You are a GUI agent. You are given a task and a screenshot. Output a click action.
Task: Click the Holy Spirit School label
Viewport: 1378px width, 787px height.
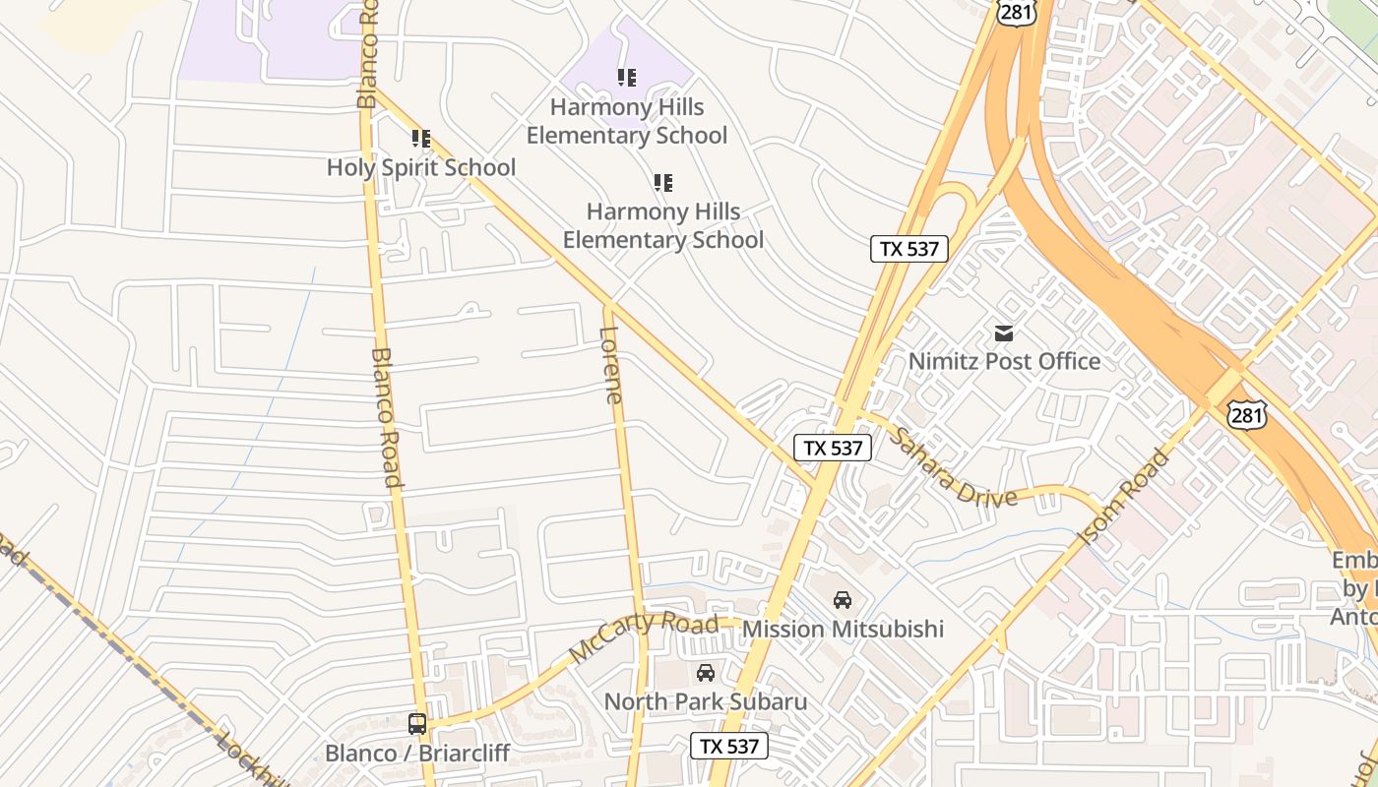[421, 167]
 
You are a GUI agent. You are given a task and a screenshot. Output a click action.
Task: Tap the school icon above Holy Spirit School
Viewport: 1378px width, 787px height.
[421, 139]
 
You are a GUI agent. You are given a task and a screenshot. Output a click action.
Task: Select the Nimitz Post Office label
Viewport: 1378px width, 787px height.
[1004, 361]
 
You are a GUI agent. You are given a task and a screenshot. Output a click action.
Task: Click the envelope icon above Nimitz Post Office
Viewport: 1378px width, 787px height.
[1004, 333]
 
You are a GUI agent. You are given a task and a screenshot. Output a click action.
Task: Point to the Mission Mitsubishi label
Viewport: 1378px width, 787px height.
[843, 629]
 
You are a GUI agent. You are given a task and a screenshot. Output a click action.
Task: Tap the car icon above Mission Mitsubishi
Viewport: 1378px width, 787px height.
[843, 599]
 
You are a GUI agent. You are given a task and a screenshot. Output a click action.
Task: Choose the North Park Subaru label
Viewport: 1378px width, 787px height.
[706, 701]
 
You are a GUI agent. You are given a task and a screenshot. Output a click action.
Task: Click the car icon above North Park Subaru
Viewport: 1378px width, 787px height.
[706, 673]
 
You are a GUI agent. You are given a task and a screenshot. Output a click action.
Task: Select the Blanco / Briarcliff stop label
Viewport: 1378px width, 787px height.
[417, 753]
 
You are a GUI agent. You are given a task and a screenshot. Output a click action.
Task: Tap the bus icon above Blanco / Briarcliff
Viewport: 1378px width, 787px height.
[417, 724]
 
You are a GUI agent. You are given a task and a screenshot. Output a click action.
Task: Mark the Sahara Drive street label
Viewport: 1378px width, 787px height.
[953, 467]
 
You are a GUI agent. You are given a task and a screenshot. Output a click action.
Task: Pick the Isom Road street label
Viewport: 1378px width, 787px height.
[1125, 497]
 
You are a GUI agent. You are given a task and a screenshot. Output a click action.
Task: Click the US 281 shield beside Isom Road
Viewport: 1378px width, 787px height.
[1246, 415]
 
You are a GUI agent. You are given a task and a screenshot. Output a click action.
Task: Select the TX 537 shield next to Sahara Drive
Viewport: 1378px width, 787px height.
[833, 448]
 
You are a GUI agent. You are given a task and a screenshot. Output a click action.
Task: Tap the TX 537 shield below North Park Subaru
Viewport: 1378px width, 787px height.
[729, 746]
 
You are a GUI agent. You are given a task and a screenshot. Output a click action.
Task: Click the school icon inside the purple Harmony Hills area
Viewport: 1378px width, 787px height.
[627, 77]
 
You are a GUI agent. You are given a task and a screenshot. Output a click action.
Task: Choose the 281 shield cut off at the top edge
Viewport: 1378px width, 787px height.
[1015, 10]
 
